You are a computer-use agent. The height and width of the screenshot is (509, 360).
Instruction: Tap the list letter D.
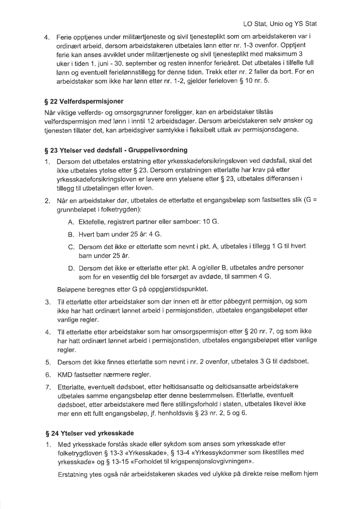[71, 268]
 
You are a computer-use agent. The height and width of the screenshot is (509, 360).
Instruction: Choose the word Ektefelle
[92, 221]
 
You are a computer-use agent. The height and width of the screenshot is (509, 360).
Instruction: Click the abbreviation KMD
[67, 373]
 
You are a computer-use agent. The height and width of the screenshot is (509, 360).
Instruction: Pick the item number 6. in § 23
[48, 373]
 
